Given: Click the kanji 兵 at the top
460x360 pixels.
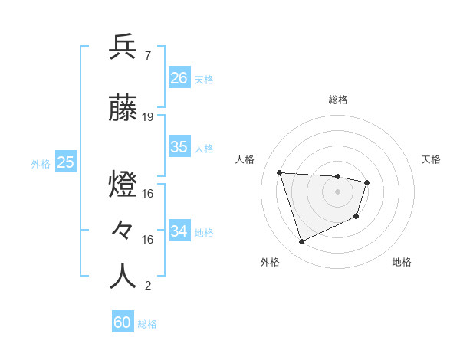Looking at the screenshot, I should click(x=123, y=47).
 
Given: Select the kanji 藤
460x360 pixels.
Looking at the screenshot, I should click(x=123, y=110).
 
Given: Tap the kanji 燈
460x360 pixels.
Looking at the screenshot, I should click(x=123, y=185).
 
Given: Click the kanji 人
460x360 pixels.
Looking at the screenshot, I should click(x=123, y=276).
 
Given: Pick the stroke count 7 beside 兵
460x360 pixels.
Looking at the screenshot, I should click(x=147, y=55).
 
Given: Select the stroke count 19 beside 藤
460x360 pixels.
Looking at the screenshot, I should click(x=148, y=117).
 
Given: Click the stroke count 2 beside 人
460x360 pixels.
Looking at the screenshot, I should click(x=147, y=286).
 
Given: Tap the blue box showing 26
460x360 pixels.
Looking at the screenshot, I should click(x=179, y=78).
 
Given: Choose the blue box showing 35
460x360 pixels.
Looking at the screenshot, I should click(x=179, y=147).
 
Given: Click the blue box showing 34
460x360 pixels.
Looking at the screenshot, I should click(x=179, y=231).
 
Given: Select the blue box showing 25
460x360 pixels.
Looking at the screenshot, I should click(x=66, y=162).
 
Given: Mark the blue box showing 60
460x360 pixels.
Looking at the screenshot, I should click(x=123, y=322).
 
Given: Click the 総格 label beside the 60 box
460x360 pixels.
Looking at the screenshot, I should click(x=147, y=324).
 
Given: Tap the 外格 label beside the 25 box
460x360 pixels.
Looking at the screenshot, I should click(x=41, y=163).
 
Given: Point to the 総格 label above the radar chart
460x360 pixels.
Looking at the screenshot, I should click(x=338, y=100).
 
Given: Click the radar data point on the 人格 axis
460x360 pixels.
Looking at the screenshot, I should click(x=280, y=172).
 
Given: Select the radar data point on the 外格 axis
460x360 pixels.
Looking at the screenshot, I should click(x=301, y=242).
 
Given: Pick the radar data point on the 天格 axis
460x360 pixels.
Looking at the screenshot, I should click(x=367, y=182).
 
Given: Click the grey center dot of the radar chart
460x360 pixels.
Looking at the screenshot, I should click(x=338, y=191).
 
